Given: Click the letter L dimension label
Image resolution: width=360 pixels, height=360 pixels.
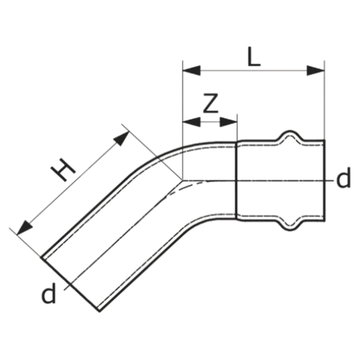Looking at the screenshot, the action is [x=254, y=57].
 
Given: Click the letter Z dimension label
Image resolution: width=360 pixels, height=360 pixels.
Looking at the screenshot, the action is [x=211, y=103].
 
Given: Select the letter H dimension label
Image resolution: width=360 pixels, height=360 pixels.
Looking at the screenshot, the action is [x=63, y=170].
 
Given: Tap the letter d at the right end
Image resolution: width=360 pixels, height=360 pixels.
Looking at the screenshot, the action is [x=343, y=178].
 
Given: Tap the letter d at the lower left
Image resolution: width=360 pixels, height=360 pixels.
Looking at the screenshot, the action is [x=48, y=293].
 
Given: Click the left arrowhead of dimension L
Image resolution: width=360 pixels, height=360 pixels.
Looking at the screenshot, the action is [x=192, y=71].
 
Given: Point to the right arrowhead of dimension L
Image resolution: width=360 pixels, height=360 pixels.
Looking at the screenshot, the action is [x=316, y=71].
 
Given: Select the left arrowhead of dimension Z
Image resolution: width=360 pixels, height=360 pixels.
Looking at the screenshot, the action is [x=192, y=122].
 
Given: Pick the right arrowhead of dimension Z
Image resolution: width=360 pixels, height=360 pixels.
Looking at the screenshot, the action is [x=228, y=122].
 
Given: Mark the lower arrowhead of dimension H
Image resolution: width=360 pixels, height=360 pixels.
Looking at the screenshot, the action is [x=24, y=229].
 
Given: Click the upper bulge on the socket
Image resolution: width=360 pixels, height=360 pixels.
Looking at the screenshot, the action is [x=290, y=135].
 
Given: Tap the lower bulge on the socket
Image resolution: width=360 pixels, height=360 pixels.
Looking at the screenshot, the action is [x=290, y=225].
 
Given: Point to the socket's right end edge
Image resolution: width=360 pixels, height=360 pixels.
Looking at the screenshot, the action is [x=324, y=180].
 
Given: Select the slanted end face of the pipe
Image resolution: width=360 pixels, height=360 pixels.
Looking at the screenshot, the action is [x=70, y=284].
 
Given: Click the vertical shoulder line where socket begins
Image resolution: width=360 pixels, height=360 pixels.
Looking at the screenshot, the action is [x=236, y=180].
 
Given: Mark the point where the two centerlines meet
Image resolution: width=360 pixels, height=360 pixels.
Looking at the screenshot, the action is [x=183, y=180].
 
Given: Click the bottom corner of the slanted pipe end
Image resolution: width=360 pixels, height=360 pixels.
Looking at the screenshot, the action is [x=100, y=311].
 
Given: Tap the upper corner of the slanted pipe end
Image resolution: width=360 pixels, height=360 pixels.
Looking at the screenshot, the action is [x=42, y=257].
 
